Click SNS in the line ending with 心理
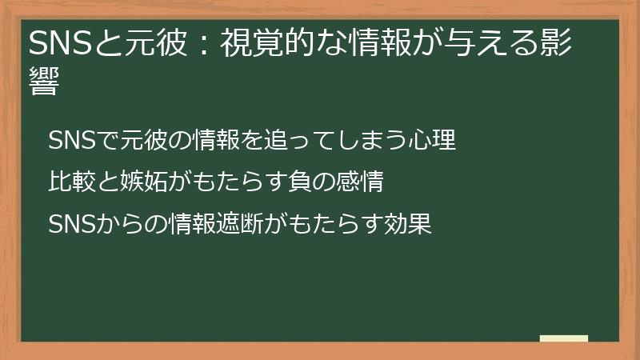pyautogui.click(x=73, y=140)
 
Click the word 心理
pyautogui.click(x=435, y=140)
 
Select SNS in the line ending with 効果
pyautogui.click(x=73, y=224)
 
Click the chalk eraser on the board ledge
pyautogui.click(x=564, y=339)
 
